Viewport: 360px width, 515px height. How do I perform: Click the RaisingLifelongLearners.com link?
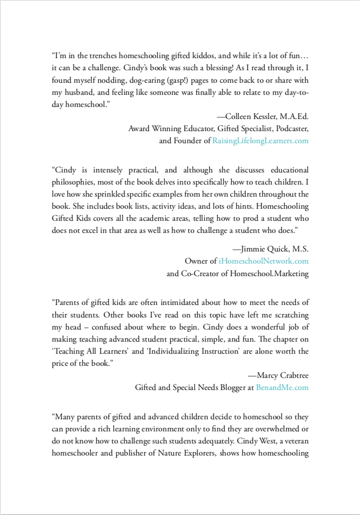(x=260, y=141)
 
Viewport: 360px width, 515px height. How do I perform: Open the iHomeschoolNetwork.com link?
(x=264, y=261)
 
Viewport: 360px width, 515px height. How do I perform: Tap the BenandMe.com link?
(x=282, y=387)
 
